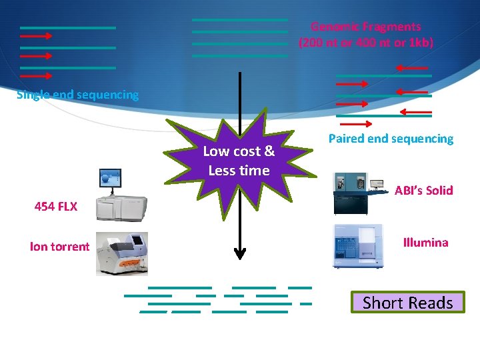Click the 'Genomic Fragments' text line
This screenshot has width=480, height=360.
point(365,27)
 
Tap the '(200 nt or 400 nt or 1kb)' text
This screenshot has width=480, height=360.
point(365,43)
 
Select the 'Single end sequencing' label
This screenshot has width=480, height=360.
point(77,95)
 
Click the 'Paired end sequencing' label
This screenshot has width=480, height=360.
point(391,139)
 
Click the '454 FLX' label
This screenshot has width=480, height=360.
point(56,207)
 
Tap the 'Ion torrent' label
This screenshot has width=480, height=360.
point(59,247)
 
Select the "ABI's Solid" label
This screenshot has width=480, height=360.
point(423,191)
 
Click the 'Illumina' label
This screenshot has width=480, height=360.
point(425,243)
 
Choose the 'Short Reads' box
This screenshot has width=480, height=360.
point(407,303)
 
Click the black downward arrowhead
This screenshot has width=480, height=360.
point(240,253)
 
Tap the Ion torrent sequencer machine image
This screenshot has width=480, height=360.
point(121,253)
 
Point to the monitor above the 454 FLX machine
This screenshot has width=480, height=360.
point(110,178)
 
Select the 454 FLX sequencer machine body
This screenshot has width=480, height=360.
point(121,208)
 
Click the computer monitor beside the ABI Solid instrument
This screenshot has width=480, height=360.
point(378,184)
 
